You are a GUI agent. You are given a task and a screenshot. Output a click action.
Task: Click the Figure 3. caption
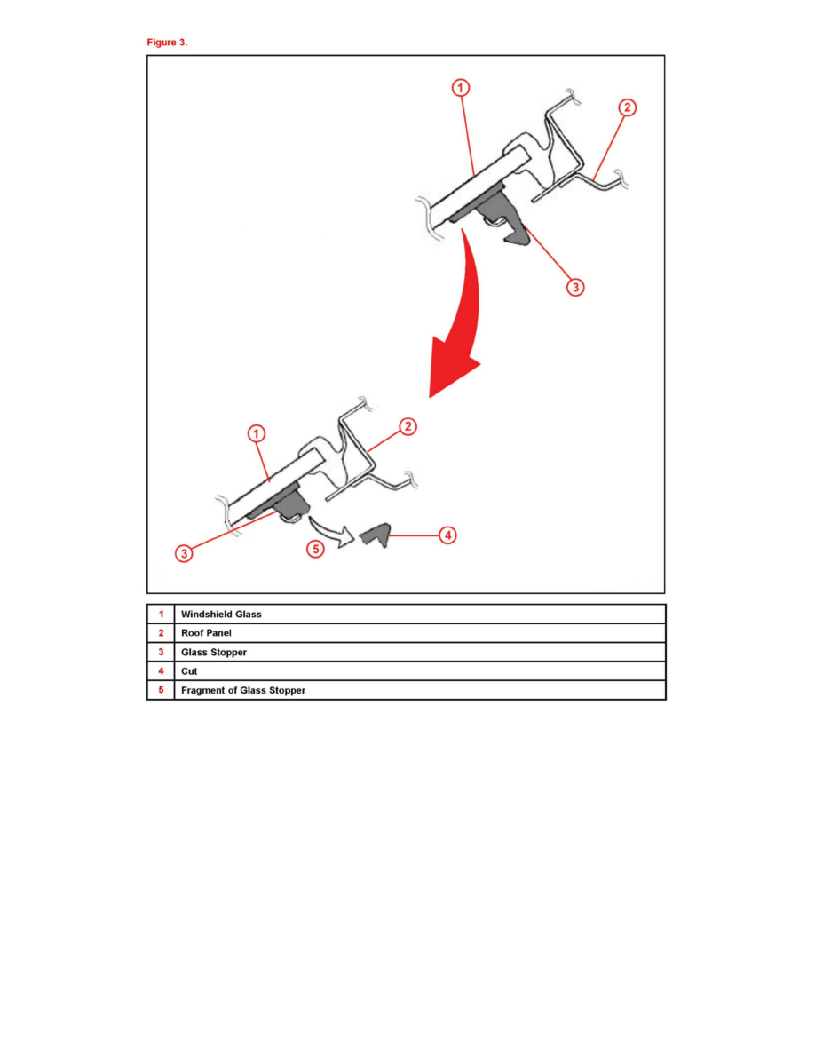click(167, 43)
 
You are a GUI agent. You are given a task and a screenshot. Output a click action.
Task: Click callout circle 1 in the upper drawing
click(461, 87)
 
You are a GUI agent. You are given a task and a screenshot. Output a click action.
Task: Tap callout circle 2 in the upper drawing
click(628, 107)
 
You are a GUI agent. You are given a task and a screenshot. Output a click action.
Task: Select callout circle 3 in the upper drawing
click(575, 288)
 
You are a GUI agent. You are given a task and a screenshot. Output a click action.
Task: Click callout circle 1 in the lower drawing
click(257, 433)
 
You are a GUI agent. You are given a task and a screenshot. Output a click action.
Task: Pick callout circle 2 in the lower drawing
click(408, 426)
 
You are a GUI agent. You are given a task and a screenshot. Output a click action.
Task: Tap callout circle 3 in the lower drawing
click(184, 554)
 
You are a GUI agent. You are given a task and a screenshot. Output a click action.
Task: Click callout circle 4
click(447, 535)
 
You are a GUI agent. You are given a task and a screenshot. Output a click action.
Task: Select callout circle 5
click(315, 549)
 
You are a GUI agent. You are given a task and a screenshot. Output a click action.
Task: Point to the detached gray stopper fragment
click(376, 535)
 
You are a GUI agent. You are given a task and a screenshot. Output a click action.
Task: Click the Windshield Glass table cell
click(420, 614)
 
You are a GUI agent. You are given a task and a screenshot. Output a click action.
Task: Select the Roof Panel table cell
click(420, 632)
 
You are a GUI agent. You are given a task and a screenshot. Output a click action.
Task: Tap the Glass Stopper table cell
click(420, 652)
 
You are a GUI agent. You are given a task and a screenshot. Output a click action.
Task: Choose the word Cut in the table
click(189, 670)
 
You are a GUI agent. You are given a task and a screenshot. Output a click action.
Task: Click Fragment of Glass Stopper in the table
click(242, 690)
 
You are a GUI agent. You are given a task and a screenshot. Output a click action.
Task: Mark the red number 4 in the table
click(161, 670)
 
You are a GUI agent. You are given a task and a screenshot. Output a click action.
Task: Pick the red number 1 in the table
click(161, 614)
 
